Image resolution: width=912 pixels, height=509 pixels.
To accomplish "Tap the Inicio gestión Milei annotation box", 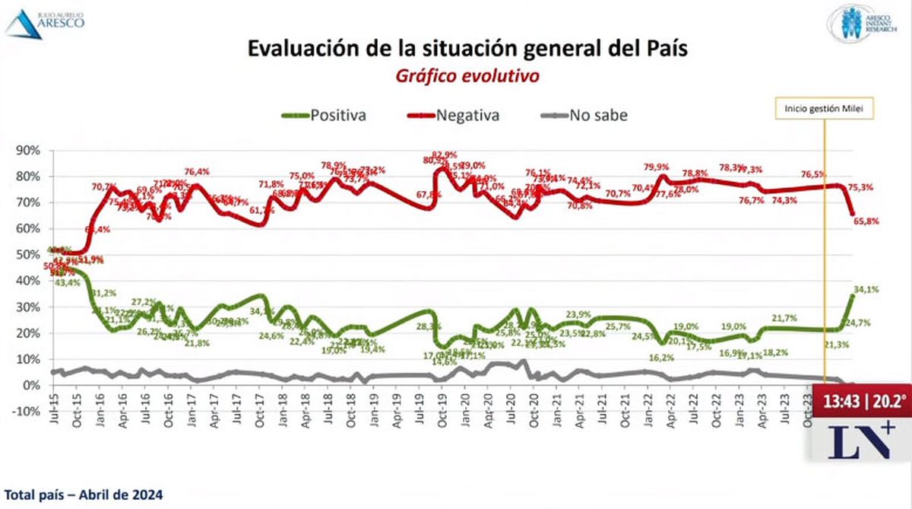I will coord(825,110).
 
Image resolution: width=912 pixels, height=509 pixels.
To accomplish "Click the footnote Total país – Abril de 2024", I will coord(82,494).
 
